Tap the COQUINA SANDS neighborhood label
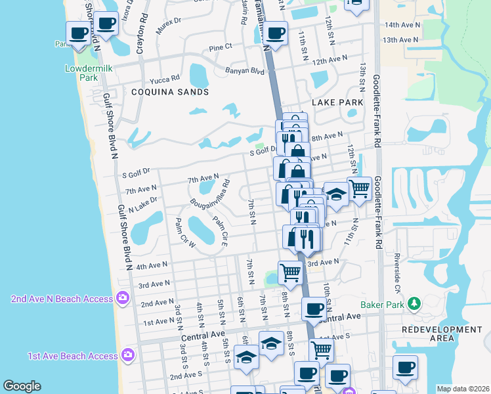tap(169, 92)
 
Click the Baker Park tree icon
tap(414, 303)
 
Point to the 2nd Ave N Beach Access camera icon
tap(122, 298)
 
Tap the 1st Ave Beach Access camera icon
tap(128, 355)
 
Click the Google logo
tap(22, 386)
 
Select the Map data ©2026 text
tap(462, 389)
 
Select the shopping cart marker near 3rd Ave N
tap(290, 271)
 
